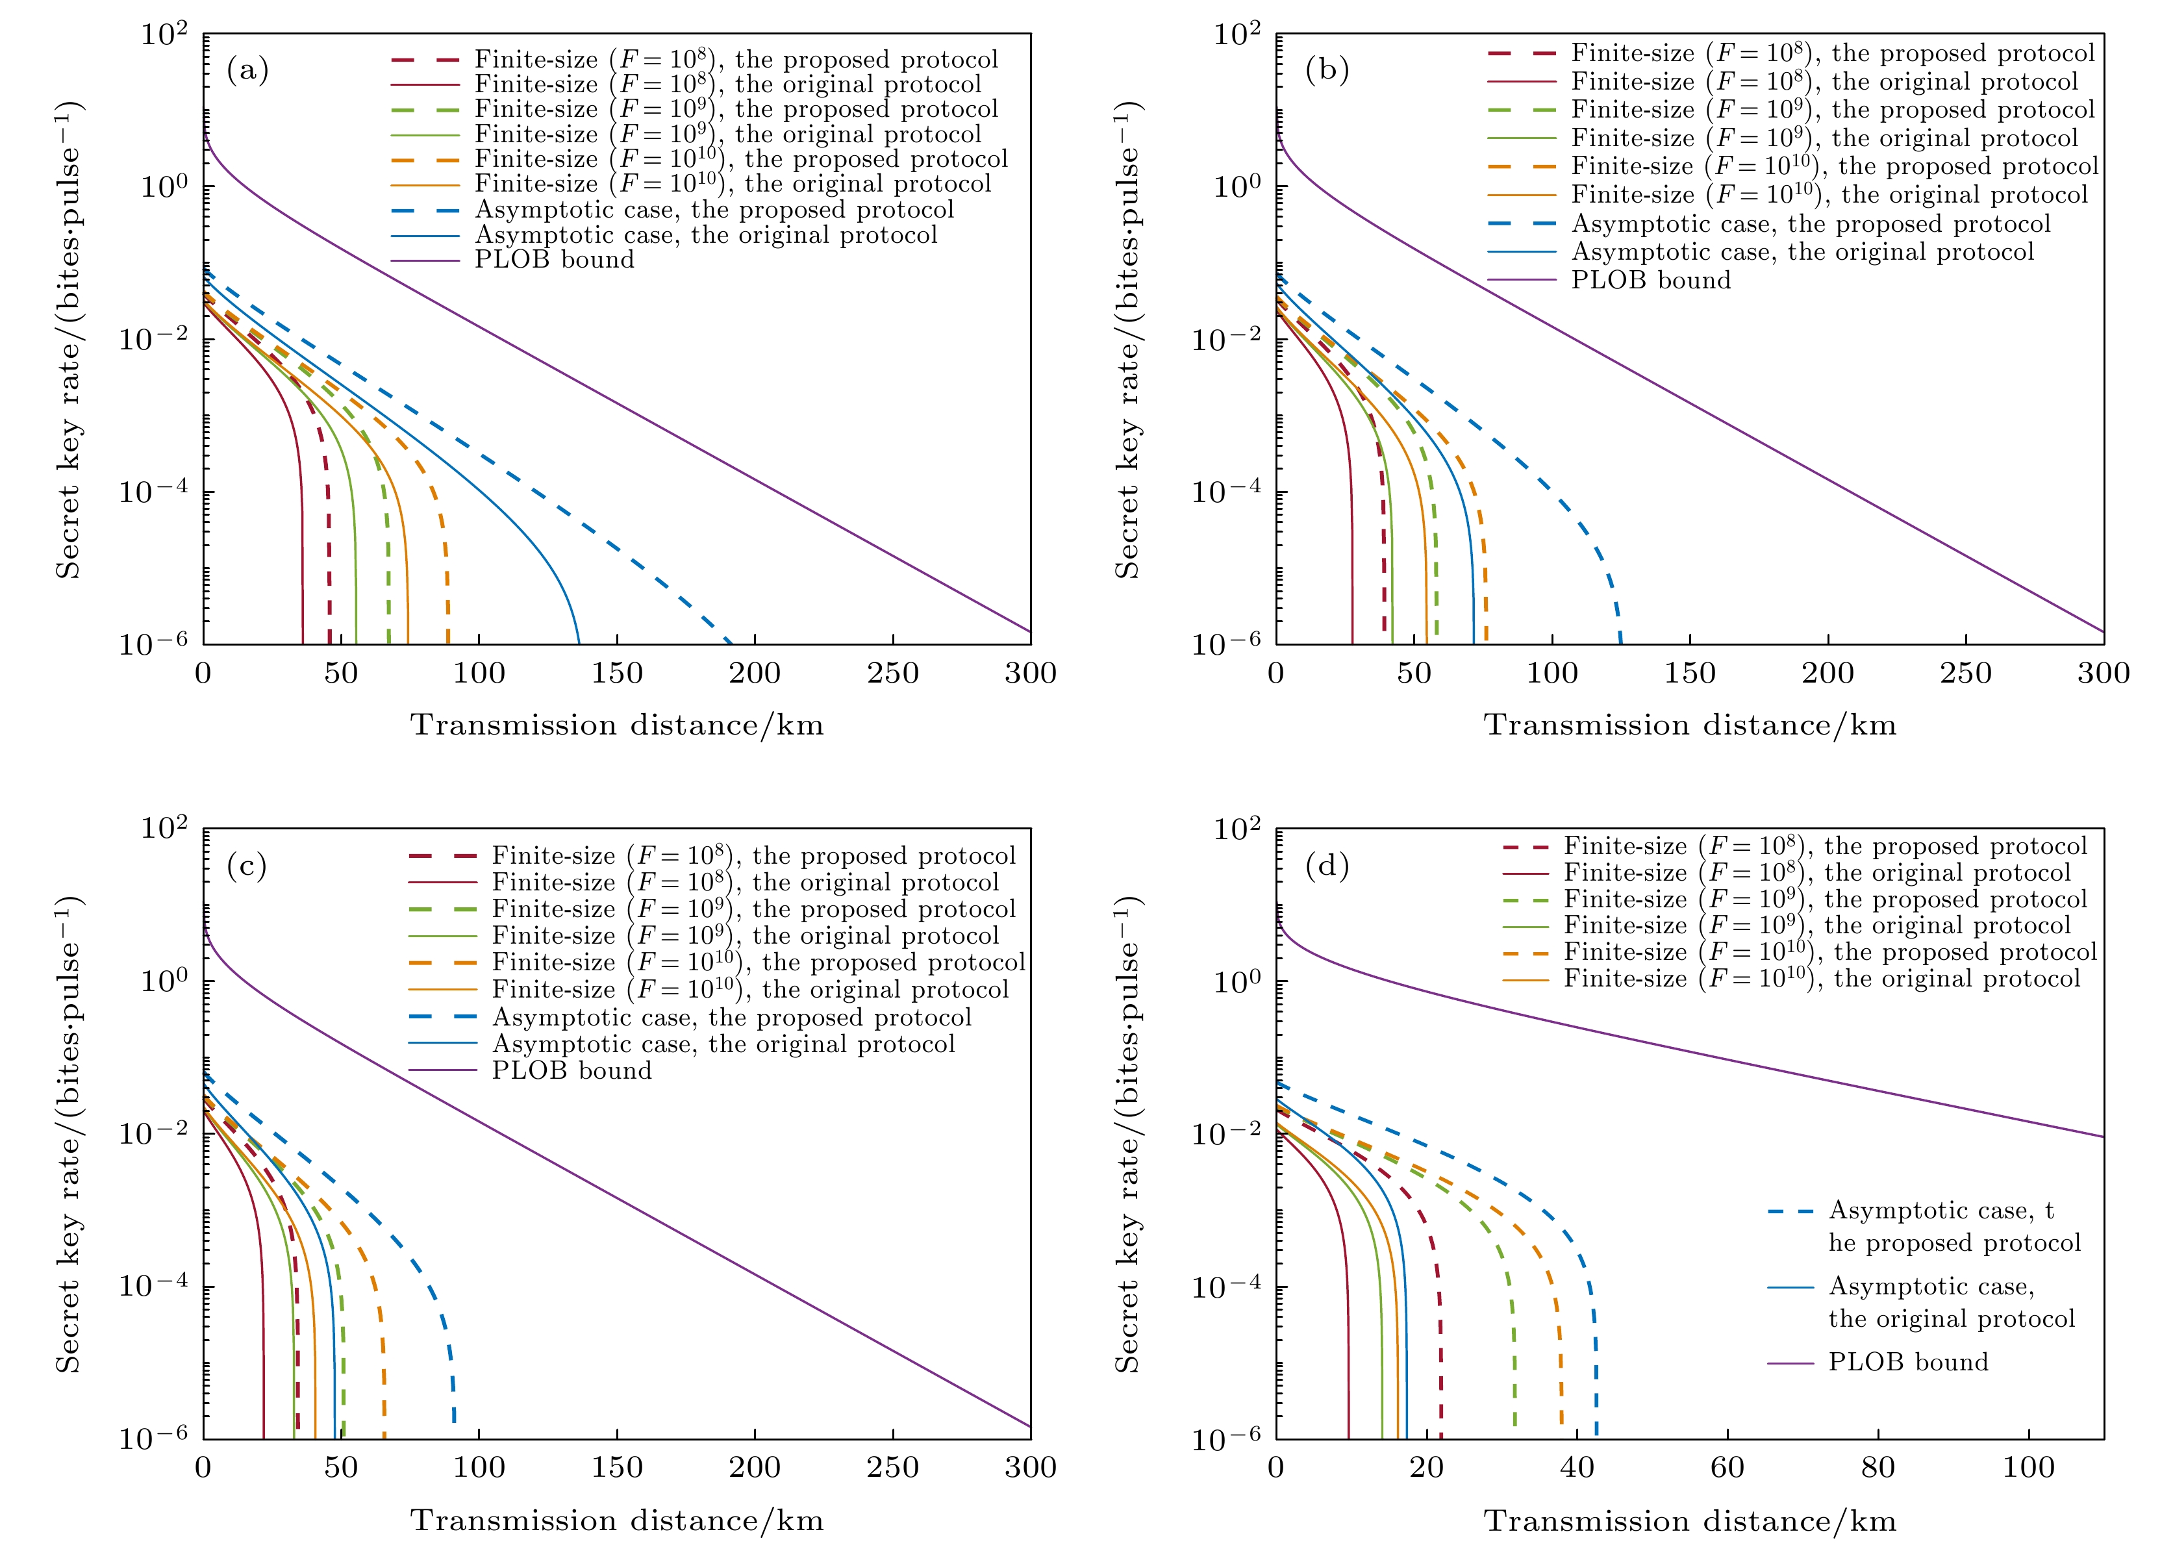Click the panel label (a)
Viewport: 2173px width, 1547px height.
(247, 71)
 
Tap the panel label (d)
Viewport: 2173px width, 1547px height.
(1326, 866)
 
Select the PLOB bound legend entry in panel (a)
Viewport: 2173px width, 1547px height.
(553, 260)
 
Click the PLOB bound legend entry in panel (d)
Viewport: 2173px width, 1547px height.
(1907, 1362)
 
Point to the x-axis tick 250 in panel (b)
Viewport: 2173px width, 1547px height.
(1965, 673)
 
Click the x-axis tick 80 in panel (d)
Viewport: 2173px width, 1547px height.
(1878, 1467)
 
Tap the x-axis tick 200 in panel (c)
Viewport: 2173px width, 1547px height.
(755, 1467)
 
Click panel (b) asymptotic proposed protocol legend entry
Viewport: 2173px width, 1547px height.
(1810, 224)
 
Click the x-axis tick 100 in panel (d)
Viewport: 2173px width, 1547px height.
(2028, 1467)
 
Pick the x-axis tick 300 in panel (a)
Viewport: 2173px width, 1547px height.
(1030, 673)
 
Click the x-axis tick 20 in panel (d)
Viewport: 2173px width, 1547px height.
(1426, 1467)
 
